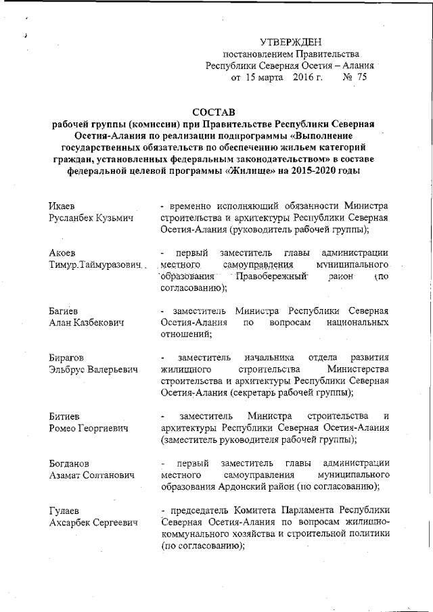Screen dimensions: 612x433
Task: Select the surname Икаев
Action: click(x=64, y=205)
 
